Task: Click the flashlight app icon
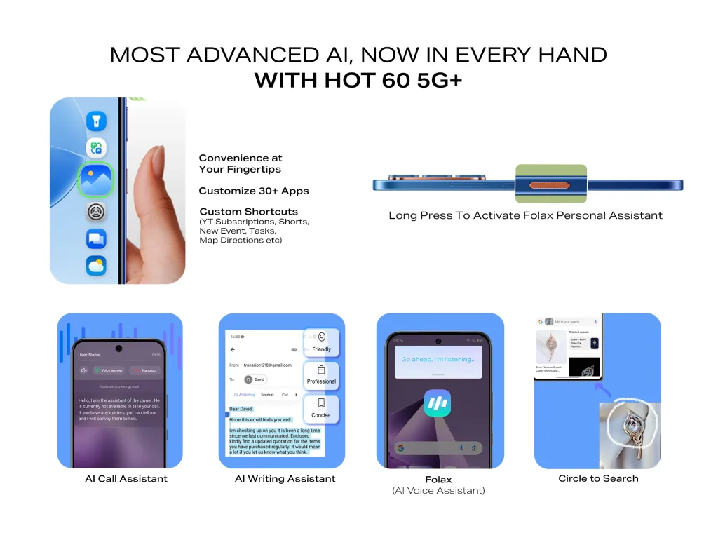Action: point(96,121)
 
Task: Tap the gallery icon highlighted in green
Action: point(95,180)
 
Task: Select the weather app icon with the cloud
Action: point(96,266)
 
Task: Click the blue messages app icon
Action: point(96,238)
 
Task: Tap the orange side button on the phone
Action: point(550,185)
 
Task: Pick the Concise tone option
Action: point(321,408)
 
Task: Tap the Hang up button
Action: point(145,370)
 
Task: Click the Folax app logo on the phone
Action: point(438,405)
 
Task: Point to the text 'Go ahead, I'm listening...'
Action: point(438,359)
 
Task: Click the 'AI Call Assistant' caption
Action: point(126,479)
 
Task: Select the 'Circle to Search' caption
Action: point(598,478)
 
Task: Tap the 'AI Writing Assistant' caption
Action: point(285,479)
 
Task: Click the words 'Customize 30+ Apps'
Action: point(253,191)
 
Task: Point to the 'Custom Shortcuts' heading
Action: point(248,212)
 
